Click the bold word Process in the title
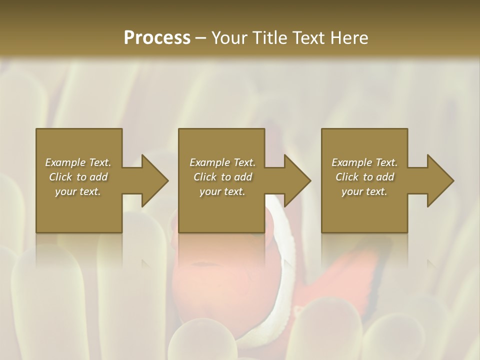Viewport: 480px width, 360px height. pyautogui.click(x=157, y=38)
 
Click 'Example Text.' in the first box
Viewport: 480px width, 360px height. pyautogui.click(x=78, y=162)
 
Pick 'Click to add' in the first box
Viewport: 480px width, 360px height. pyautogui.click(x=78, y=177)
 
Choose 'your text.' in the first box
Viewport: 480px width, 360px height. pyautogui.click(x=78, y=191)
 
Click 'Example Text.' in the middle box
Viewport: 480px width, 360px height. pyautogui.click(x=222, y=162)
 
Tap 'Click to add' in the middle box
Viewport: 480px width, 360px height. pyautogui.click(x=222, y=177)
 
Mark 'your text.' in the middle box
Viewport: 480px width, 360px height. pyautogui.click(x=222, y=191)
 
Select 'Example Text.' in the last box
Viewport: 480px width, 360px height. pyautogui.click(x=364, y=162)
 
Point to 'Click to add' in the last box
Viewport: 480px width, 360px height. pyautogui.click(x=364, y=177)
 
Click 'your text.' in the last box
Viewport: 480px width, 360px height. pyautogui.click(x=364, y=191)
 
